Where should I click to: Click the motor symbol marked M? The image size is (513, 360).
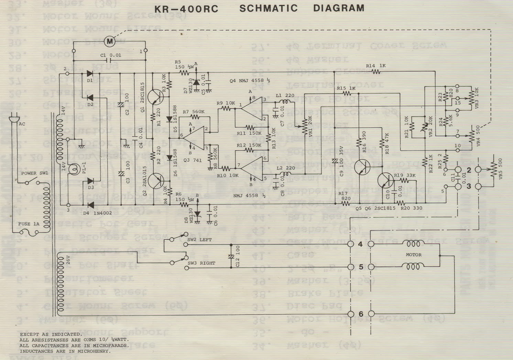click(x=110, y=42)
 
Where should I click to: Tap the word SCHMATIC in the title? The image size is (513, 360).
click(x=268, y=8)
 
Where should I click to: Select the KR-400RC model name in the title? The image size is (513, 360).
click(x=186, y=9)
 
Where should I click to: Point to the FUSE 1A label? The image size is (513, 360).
click(x=29, y=224)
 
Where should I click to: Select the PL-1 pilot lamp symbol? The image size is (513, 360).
click(x=73, y=169)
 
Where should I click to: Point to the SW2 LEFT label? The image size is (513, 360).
click(x=200, y=239)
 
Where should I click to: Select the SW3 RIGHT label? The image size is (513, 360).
click(x=201, y=263)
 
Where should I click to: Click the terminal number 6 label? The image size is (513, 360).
click(x=361, y=314)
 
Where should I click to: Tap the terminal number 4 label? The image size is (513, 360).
click(x=361, y=244)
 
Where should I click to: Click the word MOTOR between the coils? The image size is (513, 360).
click(x=414, y=255)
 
